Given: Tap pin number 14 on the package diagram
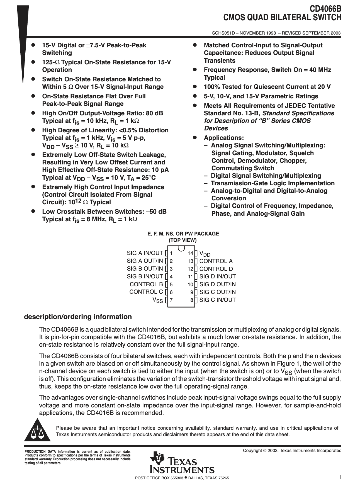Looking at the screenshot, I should coord(190,253).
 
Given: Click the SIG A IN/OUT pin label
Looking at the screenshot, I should coord(145,253).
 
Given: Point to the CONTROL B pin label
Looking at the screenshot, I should coord(146,284).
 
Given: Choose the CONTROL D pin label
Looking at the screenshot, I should coord(216,269).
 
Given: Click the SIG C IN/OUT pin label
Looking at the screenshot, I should coord(217,300).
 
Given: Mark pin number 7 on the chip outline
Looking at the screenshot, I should coord(171,300).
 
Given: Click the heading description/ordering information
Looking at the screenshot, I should coord(78,317).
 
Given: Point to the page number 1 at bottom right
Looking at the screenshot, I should coord(340,477).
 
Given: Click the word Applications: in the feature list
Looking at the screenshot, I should coord(224,138).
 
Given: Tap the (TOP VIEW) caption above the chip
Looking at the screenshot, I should coord(183,240).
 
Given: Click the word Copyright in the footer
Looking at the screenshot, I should coord(252,451).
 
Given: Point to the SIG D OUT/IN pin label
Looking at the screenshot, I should coord(217,284).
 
